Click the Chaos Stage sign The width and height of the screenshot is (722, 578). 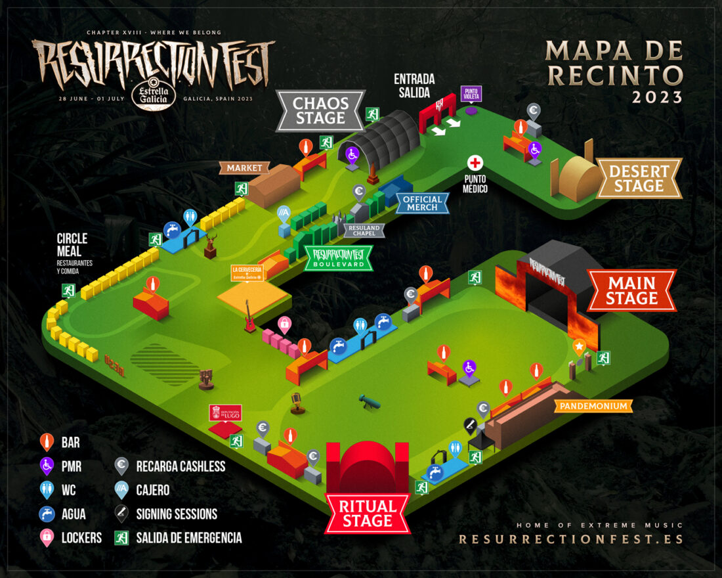coord(320,110)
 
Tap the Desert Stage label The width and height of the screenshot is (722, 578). coord(639,178)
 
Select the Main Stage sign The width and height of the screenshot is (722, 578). coord(631,290)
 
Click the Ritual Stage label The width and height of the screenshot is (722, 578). coord(367,514)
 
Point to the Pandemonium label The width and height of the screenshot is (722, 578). coord(594,407)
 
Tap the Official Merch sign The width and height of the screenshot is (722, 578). coord(423,204)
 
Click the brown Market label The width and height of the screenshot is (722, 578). coord(244,168)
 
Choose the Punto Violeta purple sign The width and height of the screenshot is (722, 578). coord(471,94)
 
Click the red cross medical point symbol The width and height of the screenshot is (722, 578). coord(475,163)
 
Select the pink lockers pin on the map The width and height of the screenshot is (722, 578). coord(284,323)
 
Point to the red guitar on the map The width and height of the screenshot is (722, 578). coord(250,317)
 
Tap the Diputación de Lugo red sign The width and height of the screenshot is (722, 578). coord(225,413)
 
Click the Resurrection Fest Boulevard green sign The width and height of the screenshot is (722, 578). coord(338,257)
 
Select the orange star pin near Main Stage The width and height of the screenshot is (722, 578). coord(579,346)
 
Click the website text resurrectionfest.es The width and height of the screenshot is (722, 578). coord(570,539)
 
